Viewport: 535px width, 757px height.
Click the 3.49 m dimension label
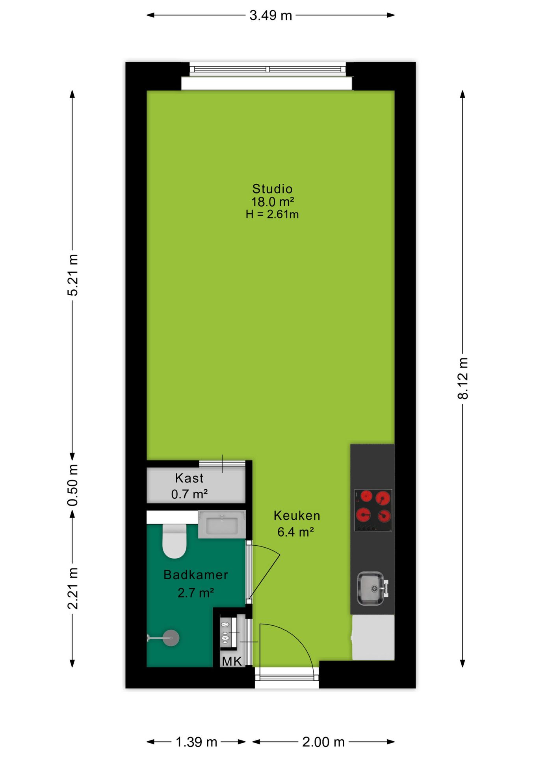(271, 15)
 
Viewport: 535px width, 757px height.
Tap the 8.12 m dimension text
(463, 378)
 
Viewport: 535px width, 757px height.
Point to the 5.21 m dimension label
(72, 275)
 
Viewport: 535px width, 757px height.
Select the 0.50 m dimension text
(72, 485)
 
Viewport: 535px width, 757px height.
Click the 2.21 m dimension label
(72, 588)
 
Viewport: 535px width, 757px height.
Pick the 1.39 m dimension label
(196, 742)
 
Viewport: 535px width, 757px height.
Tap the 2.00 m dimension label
(323, 742)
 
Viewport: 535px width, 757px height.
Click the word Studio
(272, 188)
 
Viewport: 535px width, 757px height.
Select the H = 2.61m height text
(272, 214)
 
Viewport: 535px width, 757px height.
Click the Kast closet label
(189, 478)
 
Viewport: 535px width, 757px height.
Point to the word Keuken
(297, 515)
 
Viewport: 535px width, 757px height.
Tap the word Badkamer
(196, 574)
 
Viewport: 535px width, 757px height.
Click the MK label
(232, 661)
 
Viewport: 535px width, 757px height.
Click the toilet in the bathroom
(175, 541)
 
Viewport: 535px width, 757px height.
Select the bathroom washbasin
(222, 524)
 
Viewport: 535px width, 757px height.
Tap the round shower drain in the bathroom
(171, 638)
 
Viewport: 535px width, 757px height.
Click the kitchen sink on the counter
(372, 588)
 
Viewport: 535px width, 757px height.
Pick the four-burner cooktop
(373, 510)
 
